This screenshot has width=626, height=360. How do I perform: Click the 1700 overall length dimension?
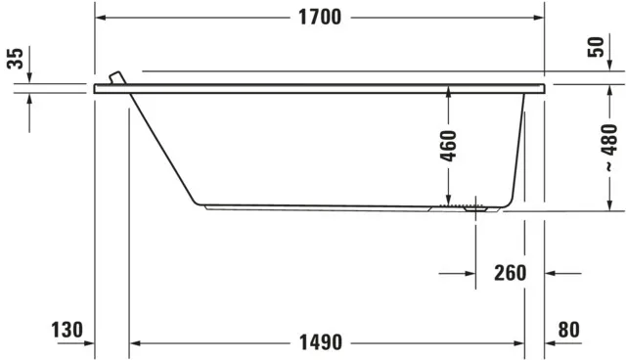click(319, 18)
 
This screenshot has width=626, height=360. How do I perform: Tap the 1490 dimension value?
click(319, 342)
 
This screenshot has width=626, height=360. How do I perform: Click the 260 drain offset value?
click(510, 273)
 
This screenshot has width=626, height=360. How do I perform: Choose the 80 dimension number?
click(569, 330)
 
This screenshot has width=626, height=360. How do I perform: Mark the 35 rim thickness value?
click(15, 59)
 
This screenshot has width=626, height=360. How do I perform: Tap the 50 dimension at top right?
click(597, 47)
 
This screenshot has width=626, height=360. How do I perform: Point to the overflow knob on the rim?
click(118, 78)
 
